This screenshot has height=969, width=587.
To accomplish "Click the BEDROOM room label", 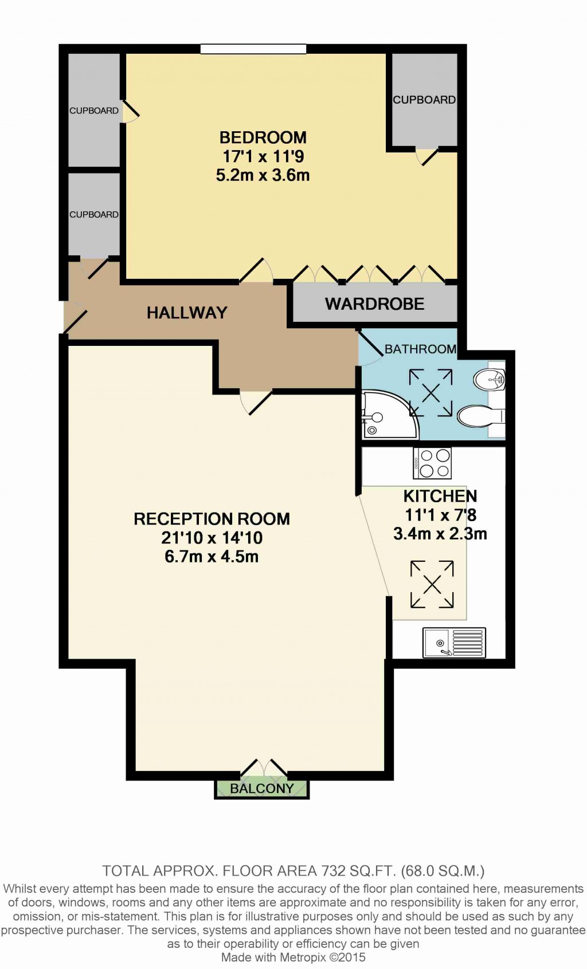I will click(x=263, y=137).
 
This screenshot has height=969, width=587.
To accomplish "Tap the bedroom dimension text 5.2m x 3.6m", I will click(x=263, y=175).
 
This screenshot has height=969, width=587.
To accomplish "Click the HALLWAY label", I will click(x=187, y=313).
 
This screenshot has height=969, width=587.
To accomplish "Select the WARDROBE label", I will click(x=374, y=304).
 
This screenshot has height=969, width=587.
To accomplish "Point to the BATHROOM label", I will click(x=420, y=349).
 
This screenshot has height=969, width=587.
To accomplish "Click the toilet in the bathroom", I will click(x=479, y=416).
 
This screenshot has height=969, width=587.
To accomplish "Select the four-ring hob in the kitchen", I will click(x=432, y=463).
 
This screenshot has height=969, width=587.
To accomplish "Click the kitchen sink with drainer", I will click(x=454, y=643).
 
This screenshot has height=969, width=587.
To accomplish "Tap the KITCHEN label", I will click(x=440, y=496).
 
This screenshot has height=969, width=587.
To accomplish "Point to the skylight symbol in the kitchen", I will click(x=432, y=584).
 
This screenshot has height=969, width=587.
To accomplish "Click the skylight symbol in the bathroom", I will click(x=431, y=393).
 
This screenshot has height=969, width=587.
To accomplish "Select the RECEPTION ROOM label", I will click(x=212, y=519).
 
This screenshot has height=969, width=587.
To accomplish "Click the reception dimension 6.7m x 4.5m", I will click(x=212, y=557).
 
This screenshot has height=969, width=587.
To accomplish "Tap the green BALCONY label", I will click(x=261, y=789).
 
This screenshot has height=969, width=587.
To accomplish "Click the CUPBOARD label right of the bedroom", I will click(x=424, y=100).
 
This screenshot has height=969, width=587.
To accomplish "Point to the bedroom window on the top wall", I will click(x=253, y=49).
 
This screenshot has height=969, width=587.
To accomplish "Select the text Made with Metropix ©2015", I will click(x=293, y=957).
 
